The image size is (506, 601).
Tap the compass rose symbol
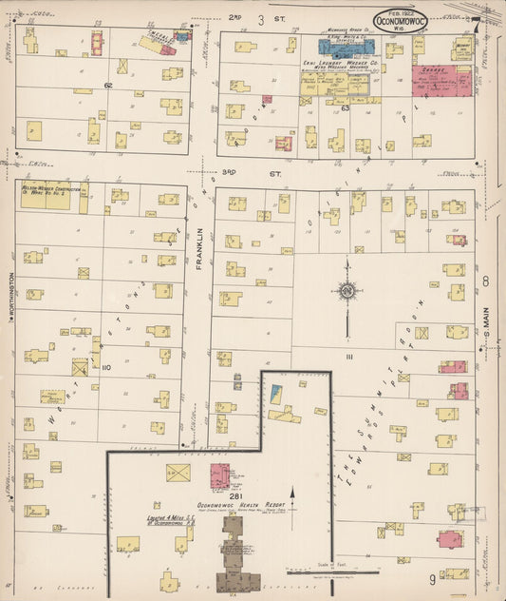[x=347, y=290]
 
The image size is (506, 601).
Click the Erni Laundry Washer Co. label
[x=341, y=64]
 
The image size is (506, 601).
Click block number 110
[x=105, y=365]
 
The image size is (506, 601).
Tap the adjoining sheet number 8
[x=485, y=281]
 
